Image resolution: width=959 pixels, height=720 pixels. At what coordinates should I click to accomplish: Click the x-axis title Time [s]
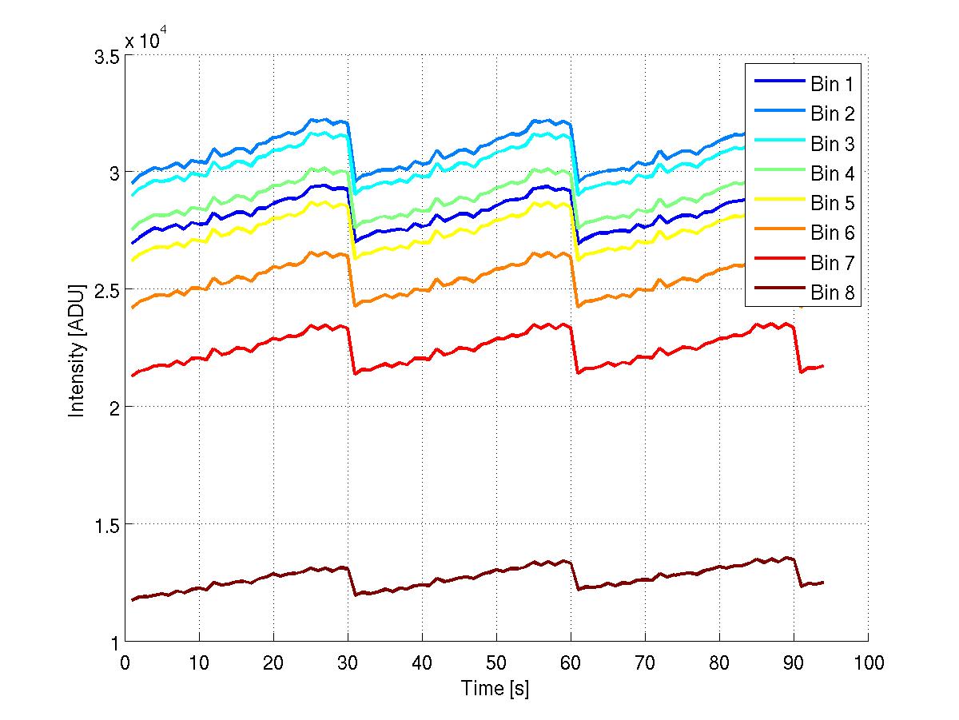pyautogui.click(x=495, y=689)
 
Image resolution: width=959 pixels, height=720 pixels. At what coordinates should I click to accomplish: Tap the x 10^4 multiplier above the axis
pyautogui.click(x=145, y=40)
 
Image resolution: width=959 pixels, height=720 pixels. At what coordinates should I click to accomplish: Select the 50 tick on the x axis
pyautogui.click(x=496, y=662)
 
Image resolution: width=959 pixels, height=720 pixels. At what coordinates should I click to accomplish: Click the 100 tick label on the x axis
pyautogui.click(x=868, y=662)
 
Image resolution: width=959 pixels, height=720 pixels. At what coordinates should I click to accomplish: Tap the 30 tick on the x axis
pyautogui.click(x=348, y=662)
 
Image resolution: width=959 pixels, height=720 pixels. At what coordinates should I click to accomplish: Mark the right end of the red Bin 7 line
pyautogui.click(x=823, y=366)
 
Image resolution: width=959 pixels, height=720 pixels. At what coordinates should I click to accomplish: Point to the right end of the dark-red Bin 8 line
pyautogui.click(x=823, y=583)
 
